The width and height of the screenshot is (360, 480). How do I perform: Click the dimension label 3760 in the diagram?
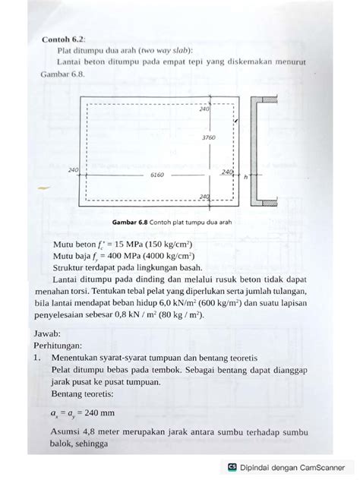[209, 138]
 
